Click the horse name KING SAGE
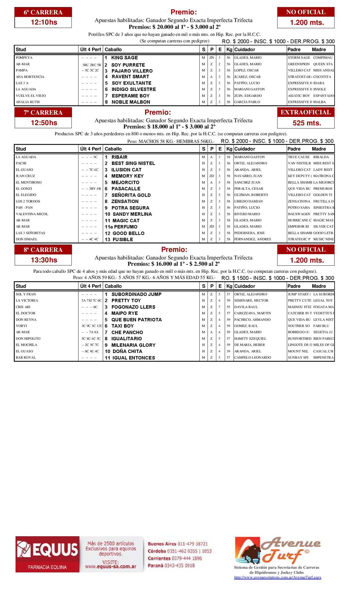(x=125, y=58)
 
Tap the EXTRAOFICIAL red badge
(x=306, y=112)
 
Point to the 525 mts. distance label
(x=307, y=123)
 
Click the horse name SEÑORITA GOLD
(x=131, y=195)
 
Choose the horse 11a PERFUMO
(x=121, y=227)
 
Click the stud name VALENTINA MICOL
(x=32, y=214)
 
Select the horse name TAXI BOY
(x=123, y=326)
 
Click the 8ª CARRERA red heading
(x=43, y=250)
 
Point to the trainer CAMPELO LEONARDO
(x=253, y=358)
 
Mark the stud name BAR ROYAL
(x=26, y=358)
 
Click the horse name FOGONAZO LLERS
(x=133, y=307)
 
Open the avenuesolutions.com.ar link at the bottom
(x=277, y=577)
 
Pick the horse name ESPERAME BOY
(x=131, y=96)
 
